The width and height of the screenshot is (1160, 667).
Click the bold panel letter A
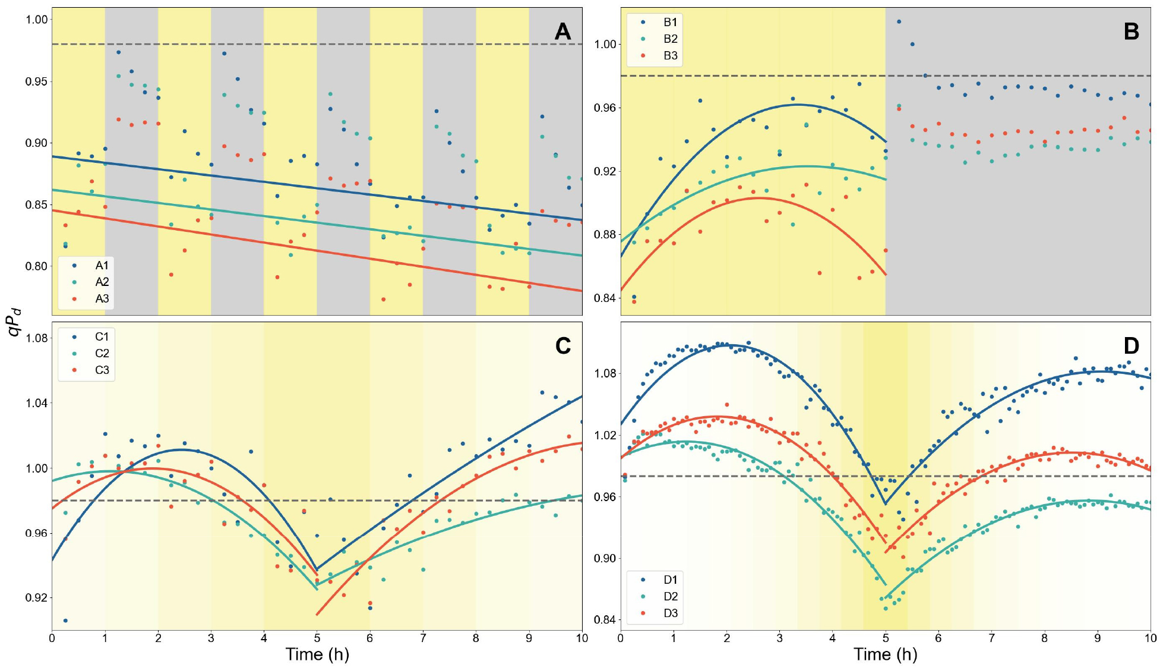click(562, 32)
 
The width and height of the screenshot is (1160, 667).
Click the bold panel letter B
click(1131, 32)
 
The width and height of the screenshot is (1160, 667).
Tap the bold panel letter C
click(562, 346)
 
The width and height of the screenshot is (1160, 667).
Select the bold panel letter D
click(1131, 346)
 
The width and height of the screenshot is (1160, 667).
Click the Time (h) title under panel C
click(317, 655)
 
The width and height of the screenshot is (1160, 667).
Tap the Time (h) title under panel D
click(885, 655)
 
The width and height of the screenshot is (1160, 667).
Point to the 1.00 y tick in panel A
click(36, 20)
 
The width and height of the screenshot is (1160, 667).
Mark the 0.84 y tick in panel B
click(605, 298)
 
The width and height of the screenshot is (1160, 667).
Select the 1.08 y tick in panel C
click(36, 338)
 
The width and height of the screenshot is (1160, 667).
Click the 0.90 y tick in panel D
click(605, 558)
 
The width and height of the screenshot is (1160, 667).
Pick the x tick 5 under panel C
click(317, 638)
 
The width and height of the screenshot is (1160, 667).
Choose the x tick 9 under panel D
click(1097, 638)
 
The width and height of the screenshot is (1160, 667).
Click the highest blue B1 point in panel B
click(899, 22)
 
